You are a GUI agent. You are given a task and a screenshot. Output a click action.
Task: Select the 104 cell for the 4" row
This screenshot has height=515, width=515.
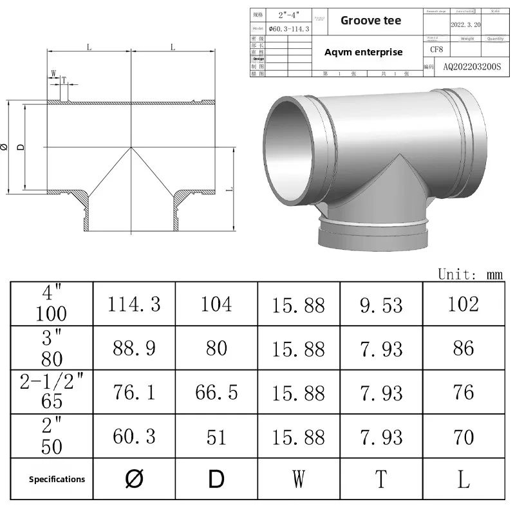pyautogui.click(x=216, y=304)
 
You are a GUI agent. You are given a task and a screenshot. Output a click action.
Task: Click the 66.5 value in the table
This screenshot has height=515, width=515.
pyautogui.click(x=216, y=393)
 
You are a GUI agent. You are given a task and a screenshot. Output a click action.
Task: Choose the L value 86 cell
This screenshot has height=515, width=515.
pyautogui.click(x=464, y=348)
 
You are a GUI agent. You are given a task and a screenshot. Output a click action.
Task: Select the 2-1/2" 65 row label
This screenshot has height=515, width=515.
pyautogui.click(x=51, y=393)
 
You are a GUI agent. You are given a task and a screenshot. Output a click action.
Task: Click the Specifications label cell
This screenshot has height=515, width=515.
pyautogui.click(x=57, y=479)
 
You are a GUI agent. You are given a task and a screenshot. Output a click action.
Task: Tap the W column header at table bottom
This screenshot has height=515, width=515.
pyautogui.click(x=299, y=479)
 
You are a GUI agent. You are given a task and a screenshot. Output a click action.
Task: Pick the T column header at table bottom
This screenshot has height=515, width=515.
pyautogui.click(x=381, y=479)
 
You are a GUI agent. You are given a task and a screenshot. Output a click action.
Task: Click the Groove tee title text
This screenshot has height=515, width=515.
pyautogui.click(x=370, y=21)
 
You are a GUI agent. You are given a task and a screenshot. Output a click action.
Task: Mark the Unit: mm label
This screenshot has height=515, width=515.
pyautogui.click(x=470, y=274)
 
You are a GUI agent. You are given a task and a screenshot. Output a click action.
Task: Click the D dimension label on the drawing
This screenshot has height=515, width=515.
pyautogui.click(x=20, y=147)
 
